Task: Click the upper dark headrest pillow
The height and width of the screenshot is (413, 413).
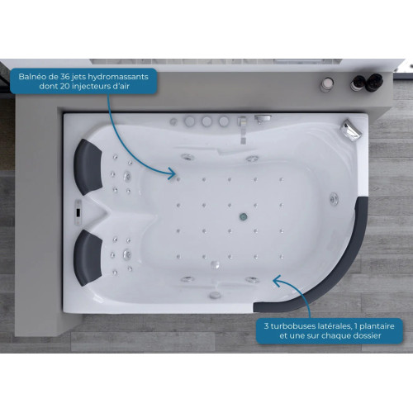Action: point(88,167)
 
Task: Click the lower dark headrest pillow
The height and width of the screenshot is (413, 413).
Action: point(88,258)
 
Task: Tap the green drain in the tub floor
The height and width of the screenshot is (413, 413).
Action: point(244,216)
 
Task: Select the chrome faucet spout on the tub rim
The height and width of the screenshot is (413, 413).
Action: point(242,130)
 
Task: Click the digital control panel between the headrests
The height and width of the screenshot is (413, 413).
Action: point(78,212)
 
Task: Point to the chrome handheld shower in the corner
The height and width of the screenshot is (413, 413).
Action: point(350,131)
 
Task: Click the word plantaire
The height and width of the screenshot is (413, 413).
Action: point(377,327)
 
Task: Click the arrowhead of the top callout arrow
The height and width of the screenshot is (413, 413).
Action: point(173,173)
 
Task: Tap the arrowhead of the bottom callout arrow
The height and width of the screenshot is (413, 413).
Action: point(277,280)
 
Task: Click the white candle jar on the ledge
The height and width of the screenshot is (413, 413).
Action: point(327,84)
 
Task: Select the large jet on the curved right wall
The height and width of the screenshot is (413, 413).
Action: point(335,199)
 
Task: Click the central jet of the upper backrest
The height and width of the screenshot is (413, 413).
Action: point(127,176)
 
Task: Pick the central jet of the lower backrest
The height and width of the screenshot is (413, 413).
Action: point(126,254)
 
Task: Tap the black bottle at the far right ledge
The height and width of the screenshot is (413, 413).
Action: point(374,82)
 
